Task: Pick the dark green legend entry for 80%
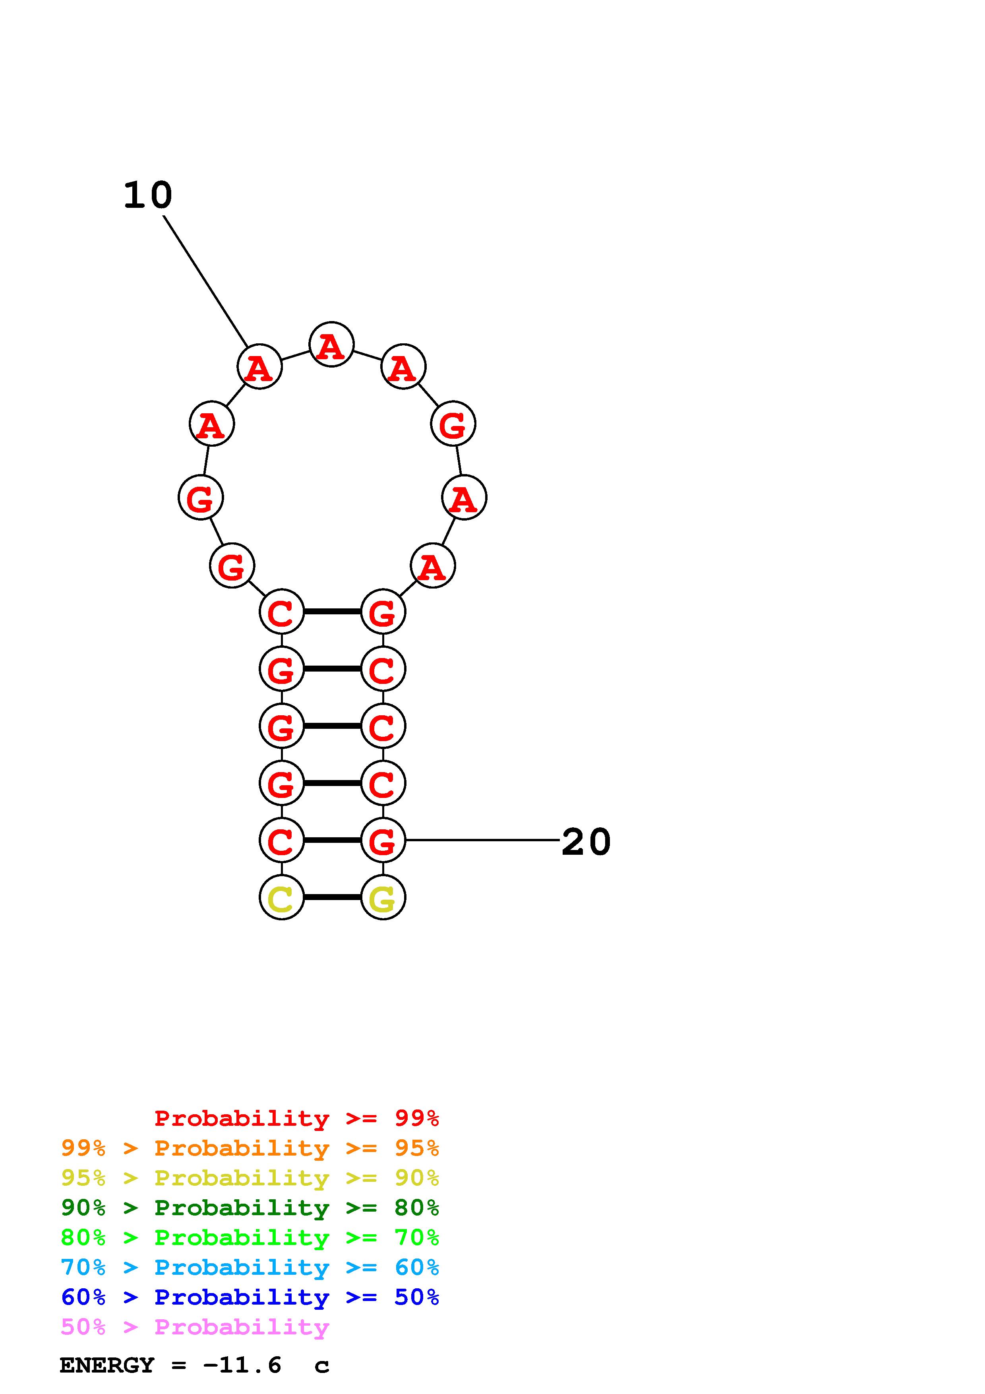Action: point(250,1208)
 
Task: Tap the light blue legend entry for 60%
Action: point(250,1267)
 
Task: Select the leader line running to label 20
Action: point(482,840)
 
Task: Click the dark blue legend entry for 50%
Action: point(250,1297)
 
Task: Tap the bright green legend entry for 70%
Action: point(250,1237)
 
